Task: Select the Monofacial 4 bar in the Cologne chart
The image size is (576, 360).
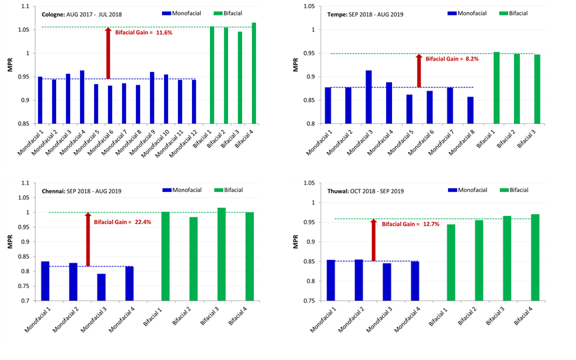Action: (x=82, y=97)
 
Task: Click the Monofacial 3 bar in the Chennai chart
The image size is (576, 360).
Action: (x=101, y=287)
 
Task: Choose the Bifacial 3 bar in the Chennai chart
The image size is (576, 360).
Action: (x=221, y=254)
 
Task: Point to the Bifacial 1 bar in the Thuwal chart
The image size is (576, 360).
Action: (x=451, y=263)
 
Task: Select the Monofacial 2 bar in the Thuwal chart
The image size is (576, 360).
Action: (x=359, y=280)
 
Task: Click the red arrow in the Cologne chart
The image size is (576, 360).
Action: (x=107, y=53)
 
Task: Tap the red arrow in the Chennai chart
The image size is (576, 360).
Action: (x=87, y=240)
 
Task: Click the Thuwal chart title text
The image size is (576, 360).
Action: (x=361, y=191)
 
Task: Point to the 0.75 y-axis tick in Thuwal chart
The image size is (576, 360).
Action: (x=313, y=301)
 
